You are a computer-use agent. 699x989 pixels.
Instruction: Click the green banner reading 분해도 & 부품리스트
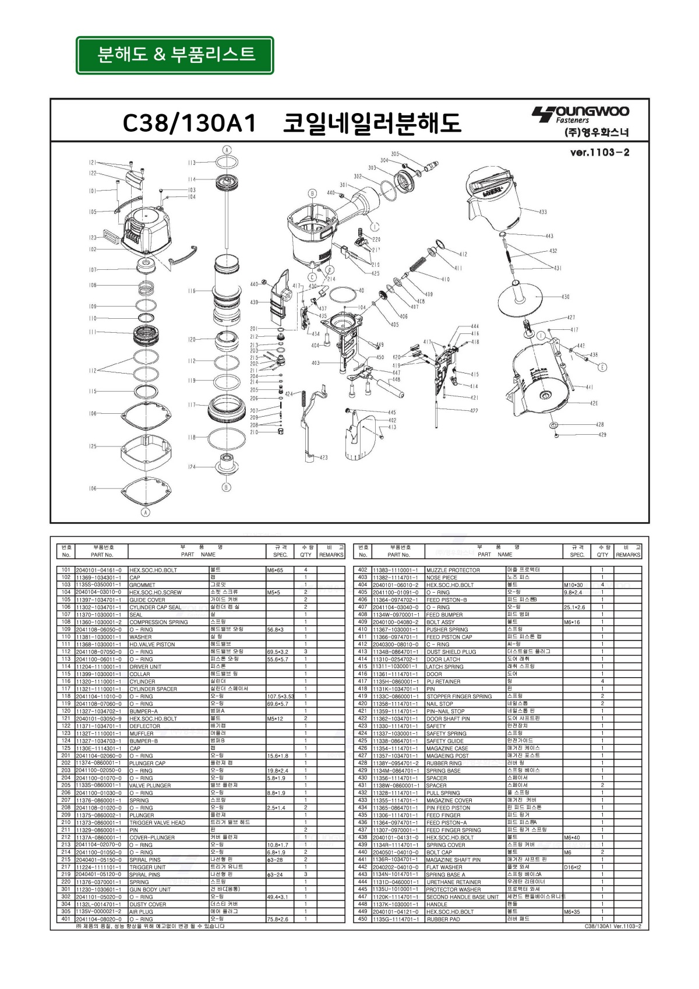pyautogui.click(x=175, y=55)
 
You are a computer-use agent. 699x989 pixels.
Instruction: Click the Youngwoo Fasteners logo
pyautogui.click(x=580, y=114)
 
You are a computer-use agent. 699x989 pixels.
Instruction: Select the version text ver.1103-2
pyautogui.click(x=599, y=153)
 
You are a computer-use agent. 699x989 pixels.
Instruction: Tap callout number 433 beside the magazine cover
pyautogui.click(x=542, y=212)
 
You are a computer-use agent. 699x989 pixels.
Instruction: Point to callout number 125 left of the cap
pyautogui.click(x=93, y=446)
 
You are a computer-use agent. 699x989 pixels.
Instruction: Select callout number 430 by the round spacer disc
pyautogui.click(x=565, y=297)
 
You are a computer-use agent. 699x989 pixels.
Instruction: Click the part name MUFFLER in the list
pyautogui.click(x=142, y=734)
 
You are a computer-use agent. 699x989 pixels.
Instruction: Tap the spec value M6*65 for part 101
pyautogui.click(x=275, y=570)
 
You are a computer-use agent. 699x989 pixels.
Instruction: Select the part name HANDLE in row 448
pyautogui.click(x=437, y=904)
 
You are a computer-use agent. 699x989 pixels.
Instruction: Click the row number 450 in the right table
pyautogui.click(x=362, y=919)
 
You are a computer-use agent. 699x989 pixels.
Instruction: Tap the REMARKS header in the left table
pyautogui.click(x=331, y=555)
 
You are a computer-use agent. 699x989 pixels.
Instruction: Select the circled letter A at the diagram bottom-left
pyautogui.click(x=146, y=512)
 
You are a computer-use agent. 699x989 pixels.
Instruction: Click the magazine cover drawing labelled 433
pyautogui.click(x=492, y=195)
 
